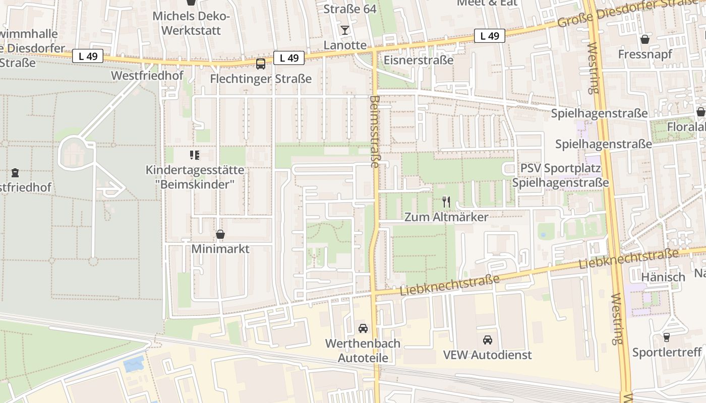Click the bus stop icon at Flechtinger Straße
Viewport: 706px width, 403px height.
pos(261,64)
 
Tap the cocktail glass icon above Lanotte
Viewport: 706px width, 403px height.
pos(344,30)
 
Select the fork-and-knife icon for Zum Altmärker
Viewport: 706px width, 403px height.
pos(446,202)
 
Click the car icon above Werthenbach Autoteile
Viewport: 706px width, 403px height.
pos(363,328)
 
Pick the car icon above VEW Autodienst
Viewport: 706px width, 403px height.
pos(487,340)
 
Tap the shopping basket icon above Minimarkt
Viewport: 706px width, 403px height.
pos(220,234)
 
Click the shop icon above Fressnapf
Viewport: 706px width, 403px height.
pos(644,39)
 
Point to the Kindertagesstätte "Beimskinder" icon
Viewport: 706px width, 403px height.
pos(194,155)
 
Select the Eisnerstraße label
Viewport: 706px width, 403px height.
pos(419,60)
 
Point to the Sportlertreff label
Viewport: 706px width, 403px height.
pos(667,352)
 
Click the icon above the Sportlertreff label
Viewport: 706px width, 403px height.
pos(667,337)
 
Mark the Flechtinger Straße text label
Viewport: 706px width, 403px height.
pos(261,79)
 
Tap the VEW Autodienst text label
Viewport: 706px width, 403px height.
pos(487,355)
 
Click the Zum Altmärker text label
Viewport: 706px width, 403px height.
pos(446,217)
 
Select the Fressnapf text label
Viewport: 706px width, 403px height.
pos(644,54)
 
